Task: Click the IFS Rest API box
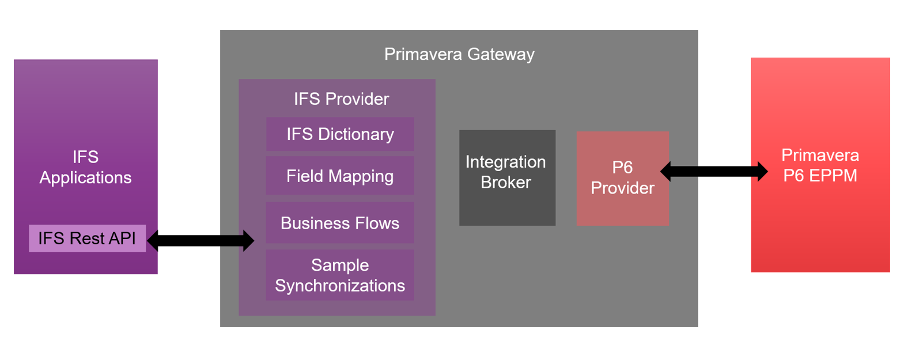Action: (x=87, y=238)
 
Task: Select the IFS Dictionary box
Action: (x=340, y=134)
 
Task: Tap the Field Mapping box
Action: (x=340, y=176)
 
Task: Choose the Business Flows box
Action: (x=340, y=223)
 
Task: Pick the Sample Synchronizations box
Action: (x=340, y=275)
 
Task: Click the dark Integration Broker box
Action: (x=507, y=178)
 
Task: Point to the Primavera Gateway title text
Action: (x=459, y=54)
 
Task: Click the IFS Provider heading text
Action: (x=341, y=99)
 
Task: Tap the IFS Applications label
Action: (x=85, y=167)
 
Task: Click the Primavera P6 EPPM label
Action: (x=820, y=165)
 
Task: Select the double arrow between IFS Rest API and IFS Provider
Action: (x=201, y=240)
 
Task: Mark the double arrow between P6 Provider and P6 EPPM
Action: (x=714, y=171)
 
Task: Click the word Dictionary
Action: (x=357, y=134)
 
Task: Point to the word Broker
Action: (x=505, y=183)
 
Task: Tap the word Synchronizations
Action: (x=340, y=286)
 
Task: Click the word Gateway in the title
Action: (x=501, y=54)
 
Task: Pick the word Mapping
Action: (x=364, y=176)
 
